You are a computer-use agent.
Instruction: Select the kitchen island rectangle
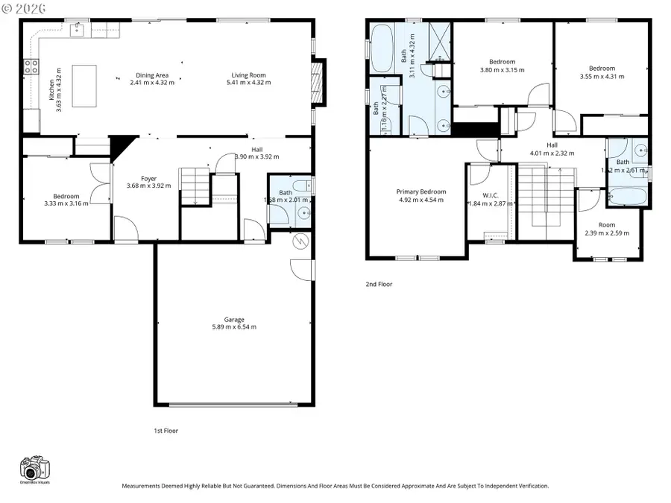point(85,78)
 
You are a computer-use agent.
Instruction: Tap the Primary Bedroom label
point(420,192)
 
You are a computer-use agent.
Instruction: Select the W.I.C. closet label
point(490,195)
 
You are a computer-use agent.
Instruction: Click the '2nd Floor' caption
point(379,284)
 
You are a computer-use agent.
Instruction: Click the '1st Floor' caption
point(166,431)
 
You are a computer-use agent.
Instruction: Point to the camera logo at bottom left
point(34,469)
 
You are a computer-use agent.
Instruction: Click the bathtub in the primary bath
point(382,40)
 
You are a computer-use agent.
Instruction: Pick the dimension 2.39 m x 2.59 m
point(606,233)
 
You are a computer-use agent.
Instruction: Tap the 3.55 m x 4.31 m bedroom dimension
point(600,76)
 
